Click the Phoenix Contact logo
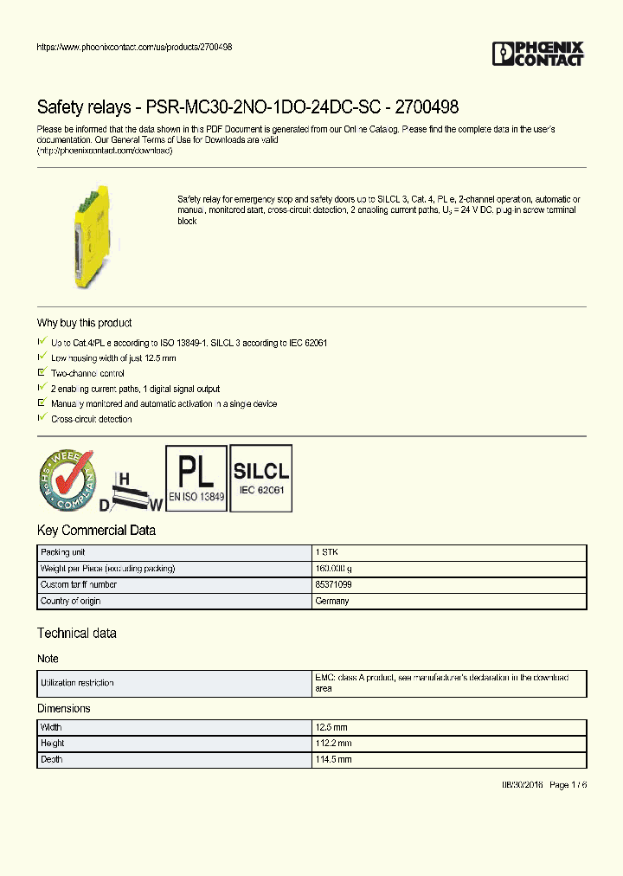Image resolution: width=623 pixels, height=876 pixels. click(537, 54)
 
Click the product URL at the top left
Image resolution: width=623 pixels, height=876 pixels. click(134, 47)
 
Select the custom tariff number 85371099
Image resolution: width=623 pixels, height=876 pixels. click(333, 584)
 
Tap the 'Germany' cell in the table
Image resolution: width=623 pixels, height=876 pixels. click(332, 601)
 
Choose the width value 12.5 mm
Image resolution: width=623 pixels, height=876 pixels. click(332, 728)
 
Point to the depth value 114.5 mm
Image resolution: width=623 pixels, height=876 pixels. click(334, 759)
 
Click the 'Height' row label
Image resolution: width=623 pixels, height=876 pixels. click(53, 744)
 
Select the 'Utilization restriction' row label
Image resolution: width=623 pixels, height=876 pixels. click(77, 683)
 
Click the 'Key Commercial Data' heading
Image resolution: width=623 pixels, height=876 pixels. click(96, 531)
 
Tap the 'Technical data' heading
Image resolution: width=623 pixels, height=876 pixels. click(76, 634)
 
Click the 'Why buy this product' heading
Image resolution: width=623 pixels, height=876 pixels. click(84, 323)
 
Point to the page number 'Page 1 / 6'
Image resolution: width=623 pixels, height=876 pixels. click(568, 784)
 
